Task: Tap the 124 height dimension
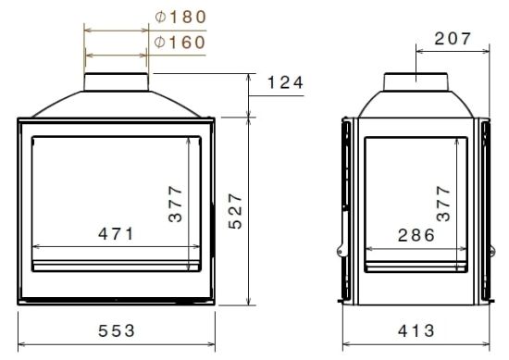[x=285, y=83]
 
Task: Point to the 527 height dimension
[x=235, y=212]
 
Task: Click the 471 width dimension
[x=117, y=234]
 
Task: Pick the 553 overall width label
[x=117, y=329]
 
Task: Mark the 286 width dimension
[x=415, y=235]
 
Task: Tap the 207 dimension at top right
[x=452, y=39]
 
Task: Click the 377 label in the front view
[x=176, y=204]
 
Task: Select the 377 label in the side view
[x=443, y=204]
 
